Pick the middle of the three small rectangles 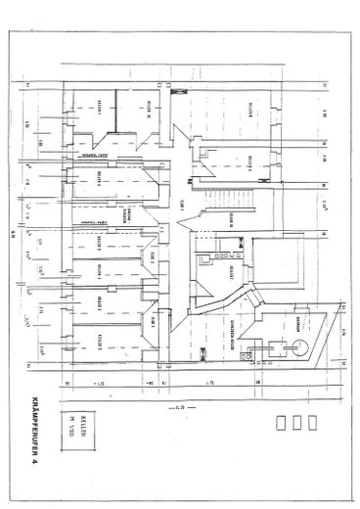[x=296, y=424]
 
